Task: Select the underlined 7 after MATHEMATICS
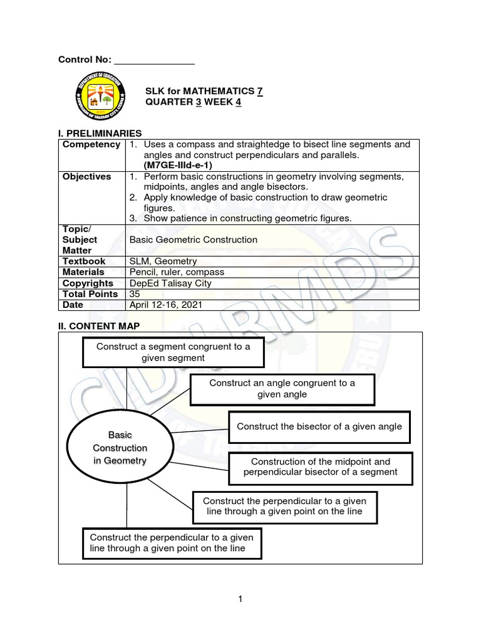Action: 259,92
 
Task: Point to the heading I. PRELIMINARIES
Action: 100,133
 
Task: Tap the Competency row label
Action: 91,145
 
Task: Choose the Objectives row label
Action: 86,177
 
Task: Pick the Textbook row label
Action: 84,261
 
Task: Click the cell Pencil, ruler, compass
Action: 176,272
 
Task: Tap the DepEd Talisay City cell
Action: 170,283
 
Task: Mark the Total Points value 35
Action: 135,293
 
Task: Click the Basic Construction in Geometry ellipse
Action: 120,448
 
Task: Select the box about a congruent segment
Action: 173,352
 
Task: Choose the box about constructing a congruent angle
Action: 282,389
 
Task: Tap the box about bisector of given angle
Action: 319,426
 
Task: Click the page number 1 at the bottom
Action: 240,599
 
